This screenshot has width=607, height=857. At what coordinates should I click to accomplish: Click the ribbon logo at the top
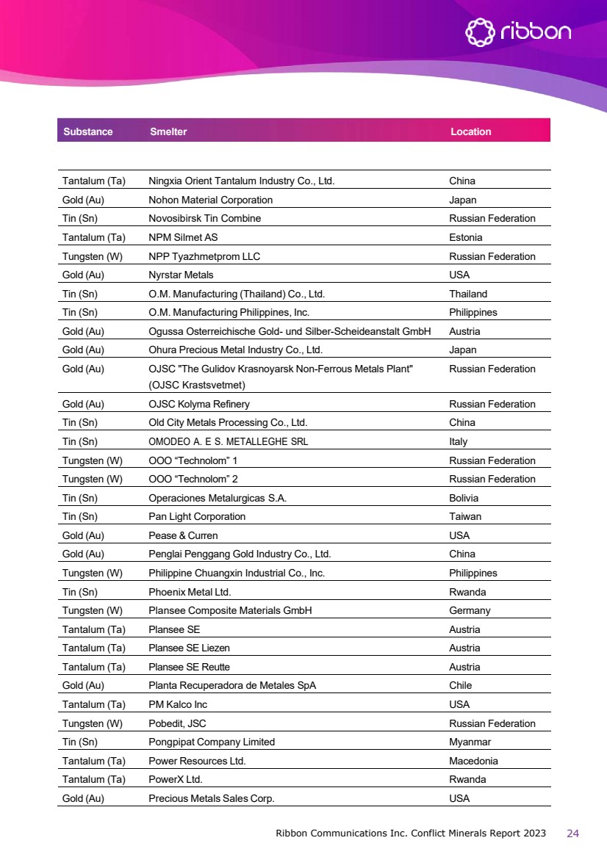[x=519, y=32]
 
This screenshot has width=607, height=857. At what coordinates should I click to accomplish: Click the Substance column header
[x=88, y=132]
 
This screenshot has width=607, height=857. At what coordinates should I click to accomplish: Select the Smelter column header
[x=168, y=132]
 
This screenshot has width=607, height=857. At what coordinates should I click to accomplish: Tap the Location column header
[x=470, y=132]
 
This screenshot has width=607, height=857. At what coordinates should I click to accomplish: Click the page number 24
[x=573, y=834]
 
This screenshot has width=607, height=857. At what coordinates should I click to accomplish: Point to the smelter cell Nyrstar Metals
[x=181, y=275]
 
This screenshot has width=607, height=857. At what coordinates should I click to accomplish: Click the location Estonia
[x=466, y=238]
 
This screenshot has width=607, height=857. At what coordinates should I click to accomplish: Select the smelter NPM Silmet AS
[x=183, y=238]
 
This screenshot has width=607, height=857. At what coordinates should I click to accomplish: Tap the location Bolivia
[x=464, y=498]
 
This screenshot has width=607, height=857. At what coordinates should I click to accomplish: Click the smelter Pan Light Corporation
[x=197, y=517]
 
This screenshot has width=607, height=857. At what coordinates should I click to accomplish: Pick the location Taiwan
[x=465, y=517]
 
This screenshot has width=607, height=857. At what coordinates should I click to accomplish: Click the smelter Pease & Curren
[x=183, y=536]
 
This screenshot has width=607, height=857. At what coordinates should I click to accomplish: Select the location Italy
[x=458, y=442]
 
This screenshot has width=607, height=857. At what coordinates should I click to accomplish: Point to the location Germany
[x=470, y=611]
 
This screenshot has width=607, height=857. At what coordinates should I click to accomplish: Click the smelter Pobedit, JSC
[x=177, y=724]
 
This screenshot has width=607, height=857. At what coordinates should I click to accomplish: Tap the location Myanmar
[x=470, y=742]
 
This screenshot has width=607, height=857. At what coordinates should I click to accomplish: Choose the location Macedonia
[x=473, y=762]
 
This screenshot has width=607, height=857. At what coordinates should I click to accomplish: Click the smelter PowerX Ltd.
[x=176, y=780]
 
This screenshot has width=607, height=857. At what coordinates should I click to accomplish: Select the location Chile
[x=460, y=686]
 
